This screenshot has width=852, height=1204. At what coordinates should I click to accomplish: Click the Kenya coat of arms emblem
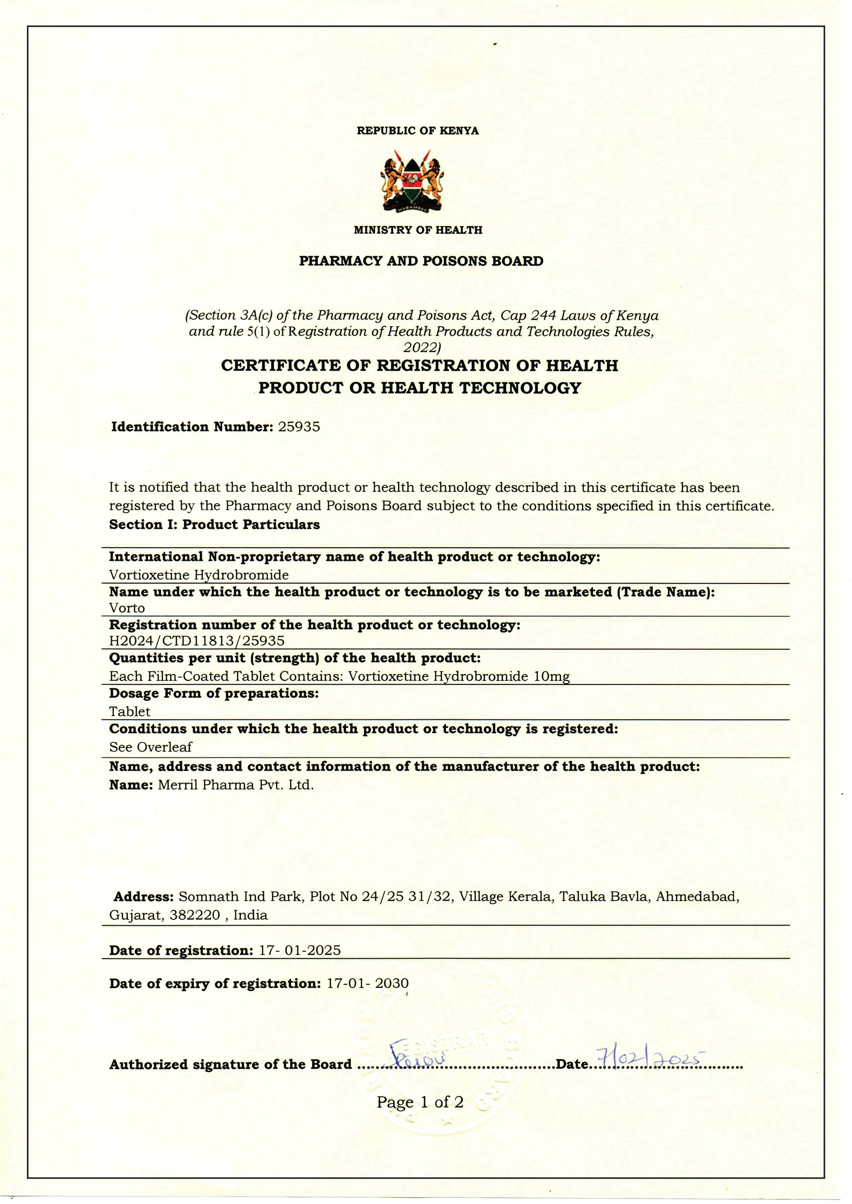point(412,181)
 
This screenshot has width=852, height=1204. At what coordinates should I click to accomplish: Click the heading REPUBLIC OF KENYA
point(418,131)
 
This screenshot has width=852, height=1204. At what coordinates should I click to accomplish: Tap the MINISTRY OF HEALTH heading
point(418,230)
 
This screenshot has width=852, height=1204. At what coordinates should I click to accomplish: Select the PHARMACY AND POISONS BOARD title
point(421,261)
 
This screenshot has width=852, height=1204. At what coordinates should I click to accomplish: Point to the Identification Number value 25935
point(299,427)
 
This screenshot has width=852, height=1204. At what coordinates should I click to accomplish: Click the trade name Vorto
point(127,608)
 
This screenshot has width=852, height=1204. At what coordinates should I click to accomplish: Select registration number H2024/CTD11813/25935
point(197,641)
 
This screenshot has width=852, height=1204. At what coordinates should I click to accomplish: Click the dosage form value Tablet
point(130,711)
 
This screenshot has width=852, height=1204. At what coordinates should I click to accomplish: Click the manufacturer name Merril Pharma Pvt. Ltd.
point(236,785)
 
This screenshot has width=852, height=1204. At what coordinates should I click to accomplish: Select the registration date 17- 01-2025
point(300,950)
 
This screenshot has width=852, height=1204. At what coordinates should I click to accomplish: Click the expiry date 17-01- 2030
point(367,983)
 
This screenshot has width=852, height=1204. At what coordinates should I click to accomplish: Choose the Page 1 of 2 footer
point(420,1102)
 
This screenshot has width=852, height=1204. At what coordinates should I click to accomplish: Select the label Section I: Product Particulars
point(214,525)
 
